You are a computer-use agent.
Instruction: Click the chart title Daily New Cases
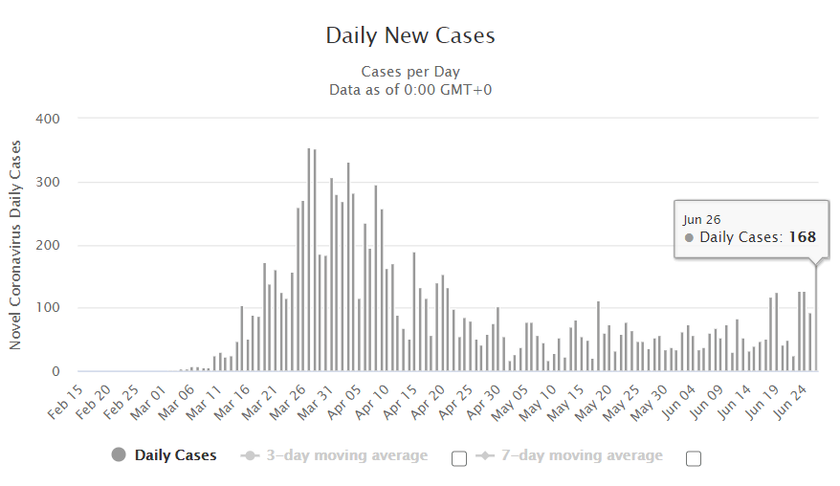410,36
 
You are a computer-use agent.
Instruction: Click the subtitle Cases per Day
410,72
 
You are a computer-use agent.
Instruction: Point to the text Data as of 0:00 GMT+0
410,89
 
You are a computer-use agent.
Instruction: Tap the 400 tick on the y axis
48,119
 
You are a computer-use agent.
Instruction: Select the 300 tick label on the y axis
48,182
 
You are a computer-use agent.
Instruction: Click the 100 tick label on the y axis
48,308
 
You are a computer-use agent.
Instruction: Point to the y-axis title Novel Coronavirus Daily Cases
15,245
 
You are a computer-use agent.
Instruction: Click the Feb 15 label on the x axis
66,397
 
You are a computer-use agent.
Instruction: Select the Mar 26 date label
293,397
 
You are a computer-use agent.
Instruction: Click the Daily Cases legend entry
175,455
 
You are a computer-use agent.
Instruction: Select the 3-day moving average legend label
346,455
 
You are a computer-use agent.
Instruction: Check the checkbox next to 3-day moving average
459,458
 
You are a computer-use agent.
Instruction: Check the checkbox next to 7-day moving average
694,458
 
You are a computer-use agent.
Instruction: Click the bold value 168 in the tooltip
802,237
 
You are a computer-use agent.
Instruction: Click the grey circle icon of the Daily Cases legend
120,455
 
